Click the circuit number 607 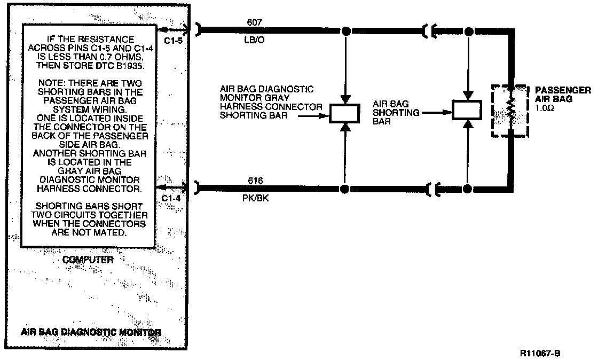click(x=254, y=22)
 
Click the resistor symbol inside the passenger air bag click(x=510, y=111)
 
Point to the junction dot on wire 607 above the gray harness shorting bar click(x=346, y=30)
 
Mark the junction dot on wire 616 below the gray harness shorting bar click(x=344, y=189)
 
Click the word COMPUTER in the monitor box click(x=88, y=260)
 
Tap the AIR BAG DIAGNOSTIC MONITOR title click(x=91, y=332)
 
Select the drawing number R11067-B click(x=540, y=353)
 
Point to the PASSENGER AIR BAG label click(x=563, y=94)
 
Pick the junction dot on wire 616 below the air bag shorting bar click(x=468, y=189)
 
